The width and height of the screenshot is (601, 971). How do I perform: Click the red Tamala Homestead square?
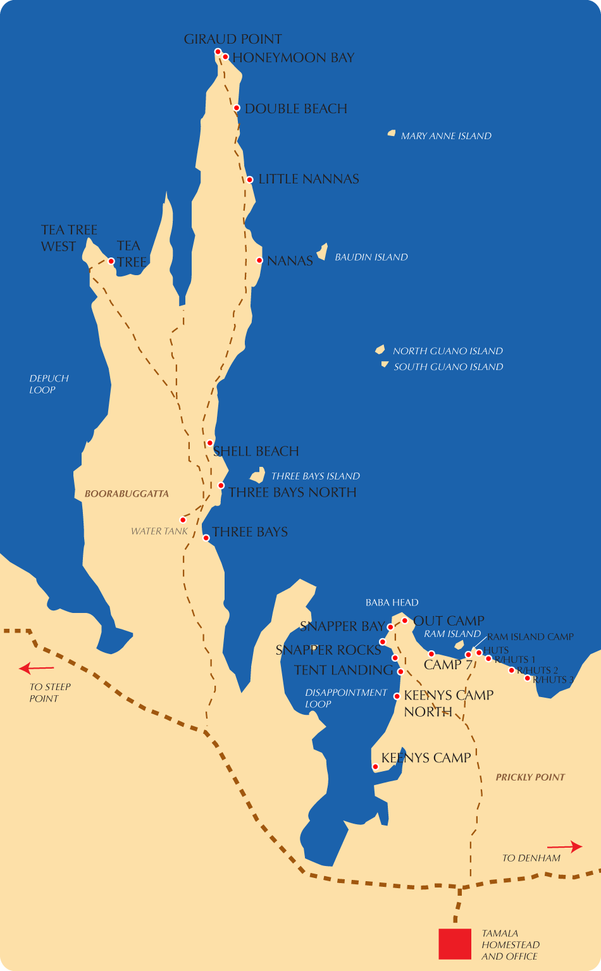[455, 944]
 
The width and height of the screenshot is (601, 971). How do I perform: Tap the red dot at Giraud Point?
[218, 52]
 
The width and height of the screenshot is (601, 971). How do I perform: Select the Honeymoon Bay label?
[293, 58]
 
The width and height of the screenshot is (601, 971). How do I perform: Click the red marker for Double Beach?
[237, 108]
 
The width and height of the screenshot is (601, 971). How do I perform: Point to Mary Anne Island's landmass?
[392, 133]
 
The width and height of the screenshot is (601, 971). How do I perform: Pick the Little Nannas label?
[309, 179]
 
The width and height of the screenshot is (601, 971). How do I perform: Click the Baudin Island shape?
[323, 252]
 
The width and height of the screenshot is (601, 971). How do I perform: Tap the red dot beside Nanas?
[259, 260]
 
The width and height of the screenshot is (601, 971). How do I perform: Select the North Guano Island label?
[447, 351]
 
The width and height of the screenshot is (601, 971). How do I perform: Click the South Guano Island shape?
[384, 364]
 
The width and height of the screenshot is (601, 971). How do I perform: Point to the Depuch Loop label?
[49, 384]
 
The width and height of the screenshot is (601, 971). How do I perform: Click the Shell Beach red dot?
[209, 443]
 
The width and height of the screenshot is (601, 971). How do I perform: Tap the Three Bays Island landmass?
[257, 475]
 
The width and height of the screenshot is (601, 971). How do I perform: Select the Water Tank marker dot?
[183, 520]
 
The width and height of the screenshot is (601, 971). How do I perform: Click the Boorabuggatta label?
[127, 493]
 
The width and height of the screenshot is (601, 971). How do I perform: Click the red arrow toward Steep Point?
[36, 668]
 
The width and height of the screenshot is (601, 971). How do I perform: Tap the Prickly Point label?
[530, 777]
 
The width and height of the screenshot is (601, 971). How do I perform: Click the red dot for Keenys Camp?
[375, 767]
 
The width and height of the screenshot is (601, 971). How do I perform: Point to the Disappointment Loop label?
[345, 698]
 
